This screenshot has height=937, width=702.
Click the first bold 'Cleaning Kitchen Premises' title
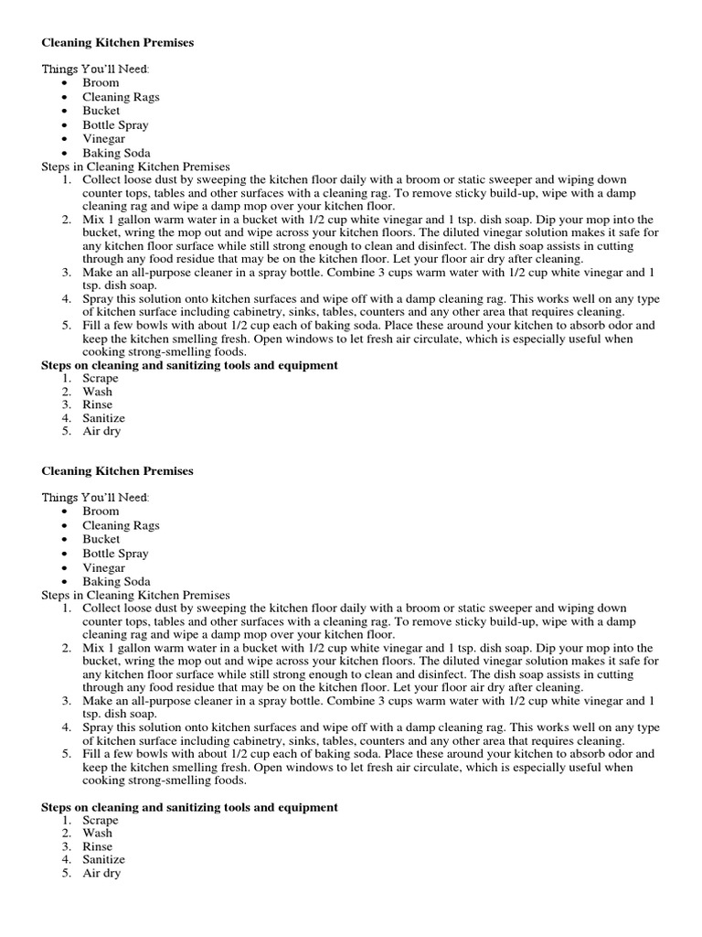(x=118, y=42)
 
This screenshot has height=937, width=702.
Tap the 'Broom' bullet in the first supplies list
(x=101, y=82)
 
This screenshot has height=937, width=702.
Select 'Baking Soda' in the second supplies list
(x=116, y=582)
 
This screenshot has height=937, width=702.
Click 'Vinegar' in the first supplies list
(x=103, y=139)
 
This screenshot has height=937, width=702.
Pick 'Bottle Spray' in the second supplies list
(x=115, y=554)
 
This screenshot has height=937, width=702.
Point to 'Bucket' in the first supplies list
(x=101, y=111)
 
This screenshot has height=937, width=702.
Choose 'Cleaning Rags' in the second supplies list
(x=121, y=525)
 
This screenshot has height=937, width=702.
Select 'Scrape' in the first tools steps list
(x=100, y=378)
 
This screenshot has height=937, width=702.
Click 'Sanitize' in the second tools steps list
(x=103, y=860)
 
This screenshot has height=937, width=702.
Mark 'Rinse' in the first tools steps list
(x=97, y=404)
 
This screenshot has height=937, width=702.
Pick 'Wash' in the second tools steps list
(x=97, y=834)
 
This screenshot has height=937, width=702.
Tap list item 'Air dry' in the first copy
(x=101, y=431)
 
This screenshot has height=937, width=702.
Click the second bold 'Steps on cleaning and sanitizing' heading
(x=190, y=807)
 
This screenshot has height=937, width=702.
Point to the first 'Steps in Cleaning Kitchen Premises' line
(x=136, y=167)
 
